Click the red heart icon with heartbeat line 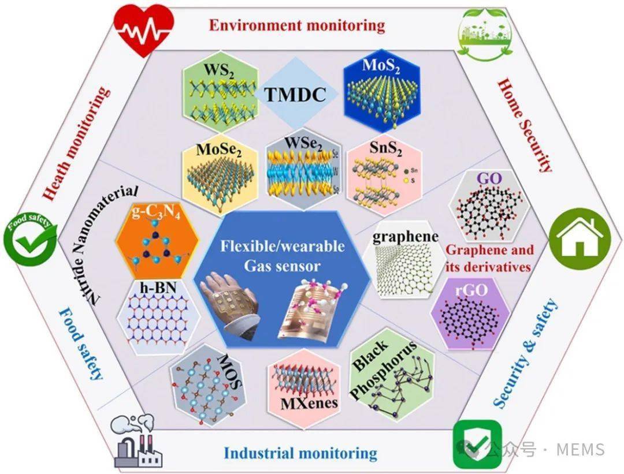pos(143,29)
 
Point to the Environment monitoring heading pos(296,25)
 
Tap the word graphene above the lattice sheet pos(406,237)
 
